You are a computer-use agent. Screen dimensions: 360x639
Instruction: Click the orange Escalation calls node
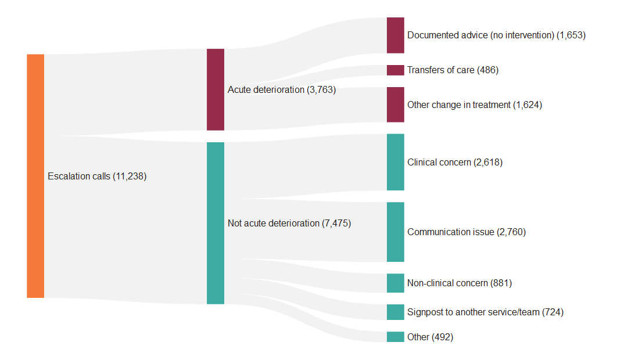point(35,176)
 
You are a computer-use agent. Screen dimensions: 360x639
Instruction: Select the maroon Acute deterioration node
point(216,89)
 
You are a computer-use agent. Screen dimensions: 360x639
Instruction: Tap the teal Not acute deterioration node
point(216,223)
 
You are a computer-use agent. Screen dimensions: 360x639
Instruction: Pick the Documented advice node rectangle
point(396,35)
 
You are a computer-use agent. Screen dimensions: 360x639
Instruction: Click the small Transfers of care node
point(396,70)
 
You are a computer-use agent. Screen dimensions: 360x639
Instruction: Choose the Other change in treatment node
point(396,105)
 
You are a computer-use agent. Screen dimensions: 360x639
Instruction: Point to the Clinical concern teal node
point(396,162)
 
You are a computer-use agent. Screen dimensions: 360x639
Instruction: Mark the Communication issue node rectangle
point(396,232)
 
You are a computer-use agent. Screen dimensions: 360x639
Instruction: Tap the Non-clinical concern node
point(396,283)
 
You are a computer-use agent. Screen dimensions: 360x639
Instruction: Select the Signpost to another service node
point(396,312)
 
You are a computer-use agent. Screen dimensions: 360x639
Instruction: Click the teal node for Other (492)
point(396,337)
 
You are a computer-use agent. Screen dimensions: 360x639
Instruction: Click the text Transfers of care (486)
point(453,70)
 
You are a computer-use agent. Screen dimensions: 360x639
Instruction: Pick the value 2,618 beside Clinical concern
point(488,163)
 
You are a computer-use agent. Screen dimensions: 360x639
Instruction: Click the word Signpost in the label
point(425,312)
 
